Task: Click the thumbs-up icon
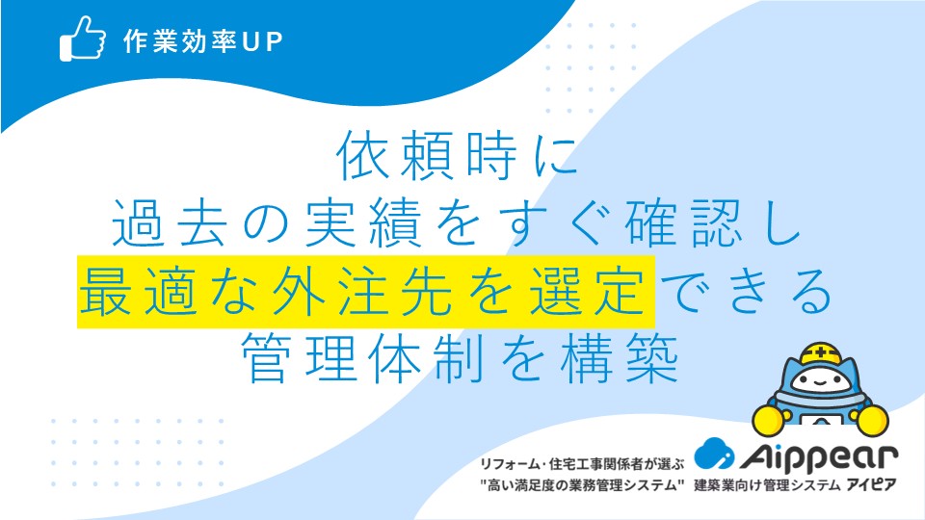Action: click(83, 39)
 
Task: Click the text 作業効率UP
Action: click(203, 41)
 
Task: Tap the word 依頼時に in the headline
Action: click(457, 156)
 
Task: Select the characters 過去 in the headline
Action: click(170, 222)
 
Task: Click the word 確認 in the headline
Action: click(684, 222)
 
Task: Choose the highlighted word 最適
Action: click(138, 291)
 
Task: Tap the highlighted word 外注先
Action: click(362, 291)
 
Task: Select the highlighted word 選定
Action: click(588, 291)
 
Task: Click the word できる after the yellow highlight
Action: click(746, 291)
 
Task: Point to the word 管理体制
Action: click(362, 358)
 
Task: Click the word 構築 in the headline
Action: click(620, 358)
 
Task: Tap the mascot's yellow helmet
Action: click(820, 353)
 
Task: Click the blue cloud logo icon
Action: click(714, 454)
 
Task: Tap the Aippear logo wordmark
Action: click(818, 456)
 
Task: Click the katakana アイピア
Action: click(871, 484)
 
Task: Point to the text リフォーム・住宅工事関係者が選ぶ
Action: click(582, 464)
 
